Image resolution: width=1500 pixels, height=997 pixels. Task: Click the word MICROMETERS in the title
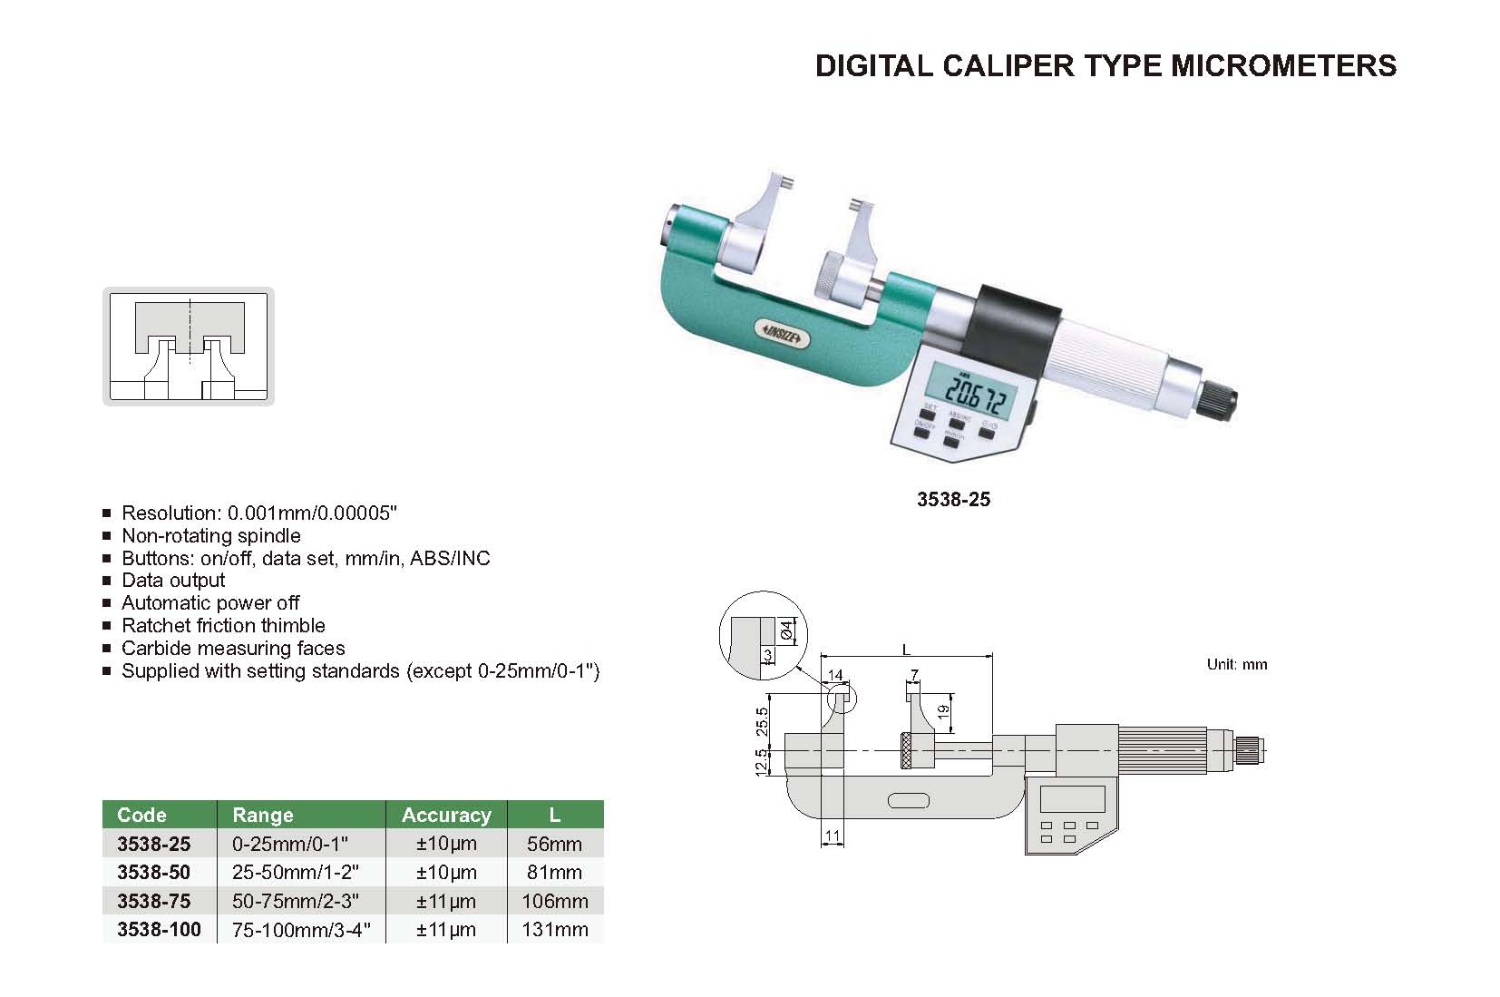coord(1283,65)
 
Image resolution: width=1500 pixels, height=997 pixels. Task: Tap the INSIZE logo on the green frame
coord(782,332)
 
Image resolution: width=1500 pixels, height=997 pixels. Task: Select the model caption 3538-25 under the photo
coord(953,499)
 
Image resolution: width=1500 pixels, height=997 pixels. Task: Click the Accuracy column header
coord(446,815)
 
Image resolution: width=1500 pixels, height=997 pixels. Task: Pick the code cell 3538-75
coord(153,901)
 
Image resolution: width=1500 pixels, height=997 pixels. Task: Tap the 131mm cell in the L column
coord(554,930)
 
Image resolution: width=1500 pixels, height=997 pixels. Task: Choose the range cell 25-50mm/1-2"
coord(296,873)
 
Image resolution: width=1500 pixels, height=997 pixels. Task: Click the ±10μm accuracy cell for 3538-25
coord(446,844)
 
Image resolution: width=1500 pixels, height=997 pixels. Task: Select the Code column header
coord(141,815)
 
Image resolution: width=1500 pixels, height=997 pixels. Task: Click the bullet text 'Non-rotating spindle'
coord(211,536)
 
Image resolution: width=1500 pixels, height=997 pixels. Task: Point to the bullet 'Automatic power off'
coord(210,603)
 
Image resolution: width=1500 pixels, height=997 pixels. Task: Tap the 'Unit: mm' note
coord(1237,665)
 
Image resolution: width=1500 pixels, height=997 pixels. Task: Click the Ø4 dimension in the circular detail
coord(786,630)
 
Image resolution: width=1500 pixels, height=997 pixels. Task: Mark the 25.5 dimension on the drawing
coord(762,721)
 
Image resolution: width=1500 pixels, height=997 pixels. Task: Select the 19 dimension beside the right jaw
coord(943,712)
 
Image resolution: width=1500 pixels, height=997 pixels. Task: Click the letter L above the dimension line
coord(906,650)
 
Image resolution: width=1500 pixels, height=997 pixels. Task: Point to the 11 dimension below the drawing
coord(833,836)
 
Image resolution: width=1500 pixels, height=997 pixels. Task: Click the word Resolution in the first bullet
coord(170,513)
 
